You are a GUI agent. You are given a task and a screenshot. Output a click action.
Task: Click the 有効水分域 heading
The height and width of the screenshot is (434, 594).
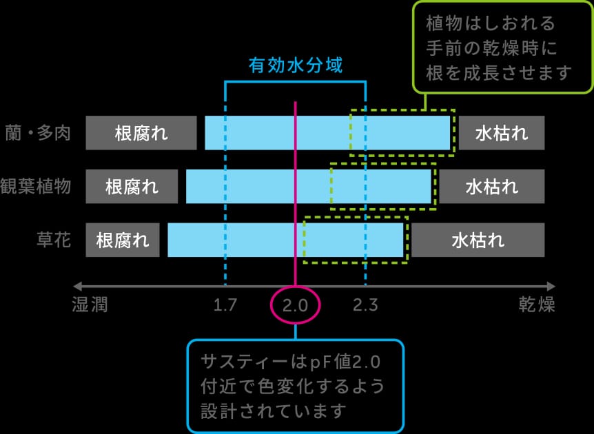click(x=296, y=65)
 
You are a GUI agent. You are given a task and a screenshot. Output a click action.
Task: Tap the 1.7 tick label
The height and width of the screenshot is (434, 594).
click(x=225, y=305)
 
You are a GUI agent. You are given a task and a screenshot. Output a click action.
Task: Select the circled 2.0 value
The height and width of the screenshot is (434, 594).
click(x=296, y=305)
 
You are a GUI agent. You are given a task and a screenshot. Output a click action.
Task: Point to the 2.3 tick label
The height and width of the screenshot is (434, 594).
click(x=365, y=305)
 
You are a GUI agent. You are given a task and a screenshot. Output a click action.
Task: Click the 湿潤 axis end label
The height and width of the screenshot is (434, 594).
click(x=90, y=304)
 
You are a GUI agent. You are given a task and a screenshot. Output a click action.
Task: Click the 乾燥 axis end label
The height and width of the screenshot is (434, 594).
click(x=537, y=304)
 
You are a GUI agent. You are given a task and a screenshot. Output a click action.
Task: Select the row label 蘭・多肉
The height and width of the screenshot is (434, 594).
click(x=38, y=134)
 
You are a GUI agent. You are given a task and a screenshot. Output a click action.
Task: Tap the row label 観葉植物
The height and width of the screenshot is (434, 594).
click(x=36, y=186)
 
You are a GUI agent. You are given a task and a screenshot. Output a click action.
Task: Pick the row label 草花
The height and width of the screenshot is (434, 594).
click(x=54, y=240)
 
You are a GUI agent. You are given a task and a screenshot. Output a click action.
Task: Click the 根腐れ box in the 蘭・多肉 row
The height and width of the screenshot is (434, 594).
click(x=141, y=133)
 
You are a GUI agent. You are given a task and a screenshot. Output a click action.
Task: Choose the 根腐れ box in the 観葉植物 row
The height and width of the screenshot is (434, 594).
click(x=132, y=186)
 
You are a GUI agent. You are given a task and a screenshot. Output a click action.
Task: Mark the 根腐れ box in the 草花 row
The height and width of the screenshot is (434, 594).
click(x=123, y=240)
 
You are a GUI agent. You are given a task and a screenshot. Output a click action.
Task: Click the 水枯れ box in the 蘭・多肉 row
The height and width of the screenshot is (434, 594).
click(x=502, y=133)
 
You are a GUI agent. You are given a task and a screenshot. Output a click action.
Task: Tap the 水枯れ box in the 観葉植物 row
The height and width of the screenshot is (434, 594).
click(x=492, y=186)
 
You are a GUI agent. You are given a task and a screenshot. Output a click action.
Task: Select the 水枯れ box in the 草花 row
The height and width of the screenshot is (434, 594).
click(x=478, y=240)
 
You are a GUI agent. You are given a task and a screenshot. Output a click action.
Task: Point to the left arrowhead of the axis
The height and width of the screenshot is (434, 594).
click(x=76, y=286)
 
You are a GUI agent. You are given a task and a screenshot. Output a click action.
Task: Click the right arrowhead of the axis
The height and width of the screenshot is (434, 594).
click(x=551, y=286)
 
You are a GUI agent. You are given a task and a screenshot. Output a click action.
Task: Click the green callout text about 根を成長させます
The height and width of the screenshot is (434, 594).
click(x=498, y=48)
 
